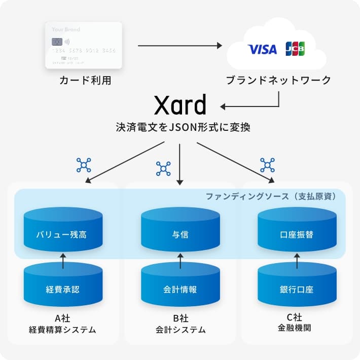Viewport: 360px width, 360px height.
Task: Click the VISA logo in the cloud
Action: tap(262, 49)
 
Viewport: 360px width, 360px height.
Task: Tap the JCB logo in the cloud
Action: tap(295, 49)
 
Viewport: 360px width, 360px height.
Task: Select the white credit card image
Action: tap(84, 45)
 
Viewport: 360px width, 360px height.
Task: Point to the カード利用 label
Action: tap(85, 80)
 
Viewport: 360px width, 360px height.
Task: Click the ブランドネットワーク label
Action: tap(278, 80)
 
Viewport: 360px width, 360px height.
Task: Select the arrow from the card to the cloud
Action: tap(180, 46)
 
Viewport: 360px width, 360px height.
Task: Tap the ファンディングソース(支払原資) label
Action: tap(270, 196)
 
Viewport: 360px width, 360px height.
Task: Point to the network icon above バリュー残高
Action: tap(84, 164)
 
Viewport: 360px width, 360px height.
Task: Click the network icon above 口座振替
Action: tap(267, 164)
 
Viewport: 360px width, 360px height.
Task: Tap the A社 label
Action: tap(62, 318)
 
